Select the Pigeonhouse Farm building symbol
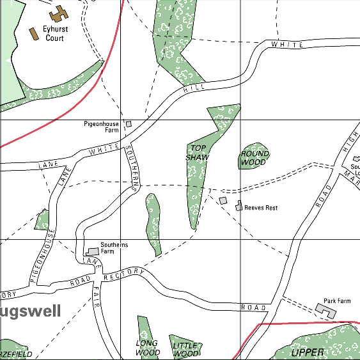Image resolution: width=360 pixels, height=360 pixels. pyautogui.click(x=128, y=123)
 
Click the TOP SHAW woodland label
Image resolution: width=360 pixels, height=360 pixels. pyautogui.click(x=197, y=152)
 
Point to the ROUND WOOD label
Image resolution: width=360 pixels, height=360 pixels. pyautogui.click(x=253, y=158)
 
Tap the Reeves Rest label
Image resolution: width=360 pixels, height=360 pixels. pyautogui.click(x=261, y=208)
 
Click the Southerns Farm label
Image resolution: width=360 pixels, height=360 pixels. pyautogui.click(x=114, y=248)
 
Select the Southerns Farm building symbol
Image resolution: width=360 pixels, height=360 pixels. pyautogui.click(x=93, y=251)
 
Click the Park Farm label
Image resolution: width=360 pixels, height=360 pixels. pyautogui.click(x=337, y=301)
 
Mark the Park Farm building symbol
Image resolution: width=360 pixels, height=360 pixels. pyautogui.click(x=325, y=310)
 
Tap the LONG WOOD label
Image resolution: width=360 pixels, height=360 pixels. pyautogui.click(x=148, y=348)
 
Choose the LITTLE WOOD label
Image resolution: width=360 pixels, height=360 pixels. pyautogui.click(x=186, y=349)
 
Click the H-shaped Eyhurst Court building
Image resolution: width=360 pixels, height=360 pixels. pyautogui.click(x=59, y=13)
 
